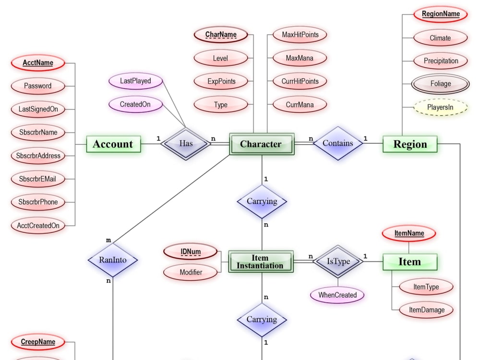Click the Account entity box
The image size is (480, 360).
tap(113, 144)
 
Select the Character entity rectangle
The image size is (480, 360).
tap(261, 144)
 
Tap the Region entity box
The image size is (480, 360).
tap(410, 144)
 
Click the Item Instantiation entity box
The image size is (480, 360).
tap(260, 262)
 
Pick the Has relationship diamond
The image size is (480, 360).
tap(186, 144)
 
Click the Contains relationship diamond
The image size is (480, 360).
tap(338, 143)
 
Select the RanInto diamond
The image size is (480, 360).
tap(113, 260)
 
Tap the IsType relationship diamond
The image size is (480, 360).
tap(338, 262)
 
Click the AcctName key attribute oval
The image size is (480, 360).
tap(38, 63)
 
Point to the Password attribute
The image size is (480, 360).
tap(38, 86)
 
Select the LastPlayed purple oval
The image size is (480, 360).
tap(135, 81)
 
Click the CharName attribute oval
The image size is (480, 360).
tap(220, 35)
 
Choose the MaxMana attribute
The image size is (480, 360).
tap(300, 58)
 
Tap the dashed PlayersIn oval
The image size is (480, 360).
tap(440, 108)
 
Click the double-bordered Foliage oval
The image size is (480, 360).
tap(440, 84)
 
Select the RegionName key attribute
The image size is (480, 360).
tap(440, 14)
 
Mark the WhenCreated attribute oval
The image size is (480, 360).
tap(337, 295)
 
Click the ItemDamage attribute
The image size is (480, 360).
tap(426, 310)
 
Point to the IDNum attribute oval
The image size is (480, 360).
tap(191, 252)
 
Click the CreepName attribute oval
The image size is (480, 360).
tap(38, 342)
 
